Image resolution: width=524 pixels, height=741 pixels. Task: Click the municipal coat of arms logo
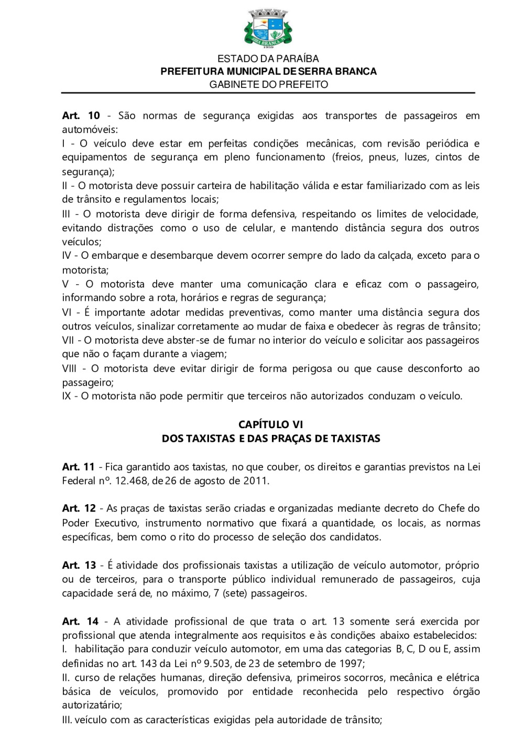[268, 28]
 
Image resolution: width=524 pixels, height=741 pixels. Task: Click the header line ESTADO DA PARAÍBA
[268, 59]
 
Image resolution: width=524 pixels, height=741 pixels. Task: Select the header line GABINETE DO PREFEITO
[268, 84]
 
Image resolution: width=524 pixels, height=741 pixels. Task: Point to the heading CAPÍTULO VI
[270, 424]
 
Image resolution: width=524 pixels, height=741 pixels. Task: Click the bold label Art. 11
[79, 467]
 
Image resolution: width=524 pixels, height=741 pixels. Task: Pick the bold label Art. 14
[80, 622]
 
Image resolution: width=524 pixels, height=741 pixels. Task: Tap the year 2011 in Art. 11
[256, 481]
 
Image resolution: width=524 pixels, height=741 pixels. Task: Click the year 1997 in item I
[351, 663]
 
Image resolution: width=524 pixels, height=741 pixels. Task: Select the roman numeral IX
[67, 396]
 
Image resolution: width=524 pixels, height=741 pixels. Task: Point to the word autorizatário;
[92, 705]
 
